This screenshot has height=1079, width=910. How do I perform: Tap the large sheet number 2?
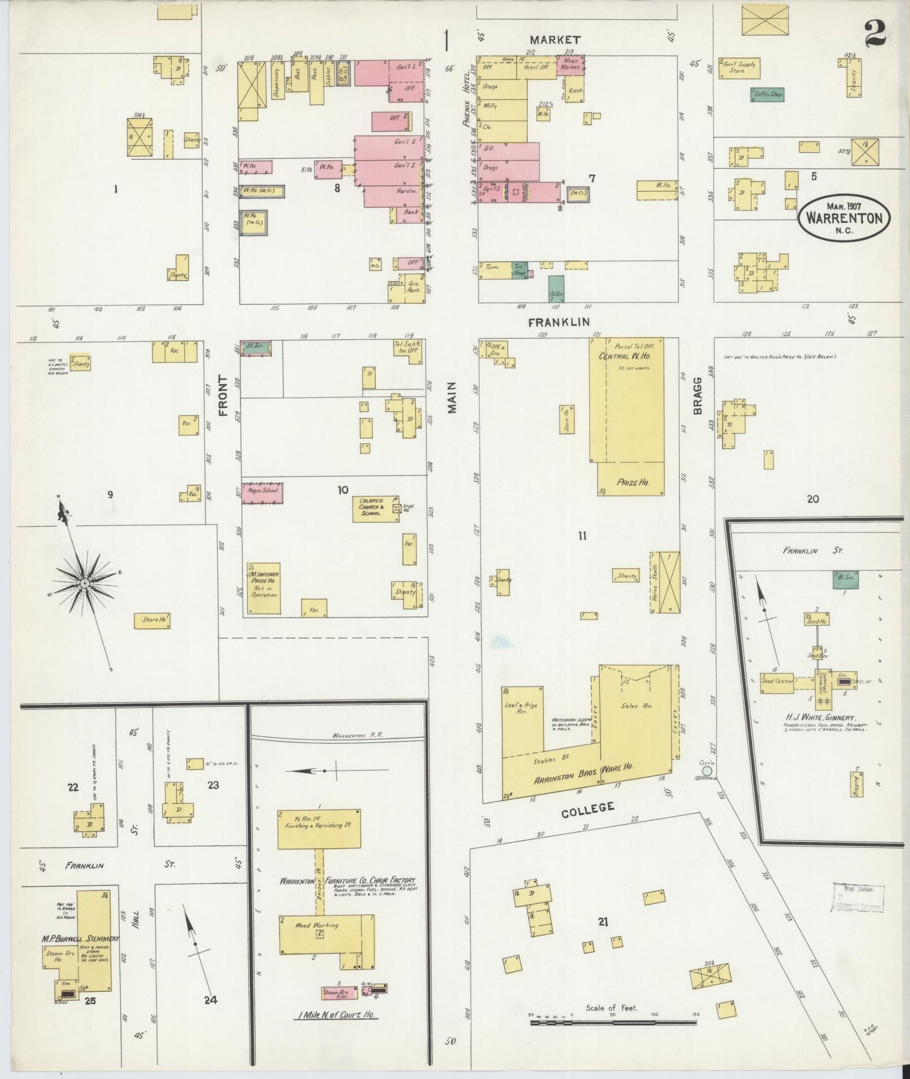click(875, 33)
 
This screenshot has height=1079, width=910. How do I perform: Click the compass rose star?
click(84, 584)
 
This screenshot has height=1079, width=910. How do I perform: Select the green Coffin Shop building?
click(767, 95)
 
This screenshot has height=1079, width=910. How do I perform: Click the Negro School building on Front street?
click(263, 492)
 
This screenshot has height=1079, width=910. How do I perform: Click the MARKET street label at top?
click(555, 40)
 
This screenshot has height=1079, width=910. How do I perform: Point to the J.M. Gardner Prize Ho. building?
click(263, 588)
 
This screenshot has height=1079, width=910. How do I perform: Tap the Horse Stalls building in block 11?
click(665, 582)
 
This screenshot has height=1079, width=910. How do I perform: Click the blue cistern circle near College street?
click(707, 771)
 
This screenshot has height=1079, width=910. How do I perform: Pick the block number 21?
click(603, 923)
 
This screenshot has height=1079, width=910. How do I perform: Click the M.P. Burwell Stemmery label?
click(81, 939)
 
